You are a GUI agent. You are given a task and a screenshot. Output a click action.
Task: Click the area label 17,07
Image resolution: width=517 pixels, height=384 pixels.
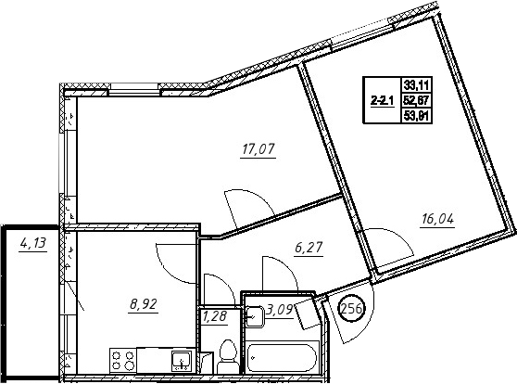258,149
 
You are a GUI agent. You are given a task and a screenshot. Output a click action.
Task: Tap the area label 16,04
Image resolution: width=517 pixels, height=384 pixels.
438,219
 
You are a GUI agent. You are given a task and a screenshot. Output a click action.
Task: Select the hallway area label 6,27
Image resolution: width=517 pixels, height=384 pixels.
309,248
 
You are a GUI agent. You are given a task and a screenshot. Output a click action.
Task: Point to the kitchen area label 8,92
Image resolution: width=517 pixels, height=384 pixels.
144,303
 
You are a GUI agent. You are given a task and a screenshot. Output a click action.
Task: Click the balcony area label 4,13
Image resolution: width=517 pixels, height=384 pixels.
33,244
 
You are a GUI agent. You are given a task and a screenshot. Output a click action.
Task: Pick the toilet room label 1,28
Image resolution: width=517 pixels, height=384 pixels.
215,316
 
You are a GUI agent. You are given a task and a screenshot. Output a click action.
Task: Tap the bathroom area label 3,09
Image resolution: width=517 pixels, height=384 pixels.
280,311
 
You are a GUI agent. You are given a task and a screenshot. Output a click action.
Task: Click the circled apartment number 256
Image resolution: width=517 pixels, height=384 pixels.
352,310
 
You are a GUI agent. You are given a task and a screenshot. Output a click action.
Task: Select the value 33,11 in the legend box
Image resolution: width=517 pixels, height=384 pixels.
417,85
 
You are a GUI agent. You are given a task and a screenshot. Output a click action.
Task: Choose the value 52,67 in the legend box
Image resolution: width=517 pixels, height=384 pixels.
417,100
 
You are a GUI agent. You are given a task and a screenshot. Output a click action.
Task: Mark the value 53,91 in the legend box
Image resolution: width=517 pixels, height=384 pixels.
417,116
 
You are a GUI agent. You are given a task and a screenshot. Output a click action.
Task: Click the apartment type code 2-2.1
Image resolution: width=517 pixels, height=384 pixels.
382,100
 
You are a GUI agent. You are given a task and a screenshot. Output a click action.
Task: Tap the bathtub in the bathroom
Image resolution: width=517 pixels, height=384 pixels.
282,358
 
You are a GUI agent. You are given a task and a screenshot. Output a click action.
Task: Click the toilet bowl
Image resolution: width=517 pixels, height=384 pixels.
227,356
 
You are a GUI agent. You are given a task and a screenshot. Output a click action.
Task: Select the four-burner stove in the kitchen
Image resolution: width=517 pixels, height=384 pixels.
122,360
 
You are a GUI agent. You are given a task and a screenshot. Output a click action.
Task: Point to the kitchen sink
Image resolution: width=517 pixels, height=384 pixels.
181,361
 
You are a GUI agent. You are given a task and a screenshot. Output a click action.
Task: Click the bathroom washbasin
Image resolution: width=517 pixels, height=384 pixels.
255,316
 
